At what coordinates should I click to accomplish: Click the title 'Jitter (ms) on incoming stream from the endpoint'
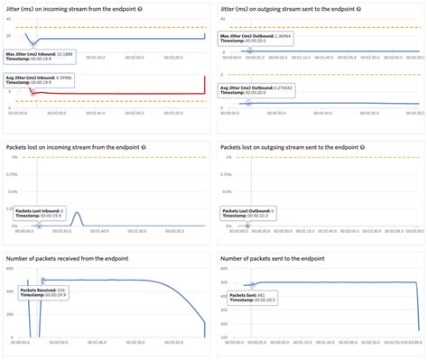tap(68, 8)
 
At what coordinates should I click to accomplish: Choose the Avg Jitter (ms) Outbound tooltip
tap(256, 90)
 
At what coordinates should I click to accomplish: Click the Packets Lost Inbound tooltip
tap(39, 214)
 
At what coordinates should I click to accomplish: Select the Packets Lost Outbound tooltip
tap(254, 214)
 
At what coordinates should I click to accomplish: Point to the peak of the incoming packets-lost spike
tap(78, 214)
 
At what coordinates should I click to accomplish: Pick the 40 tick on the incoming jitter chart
tap(9, 20)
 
